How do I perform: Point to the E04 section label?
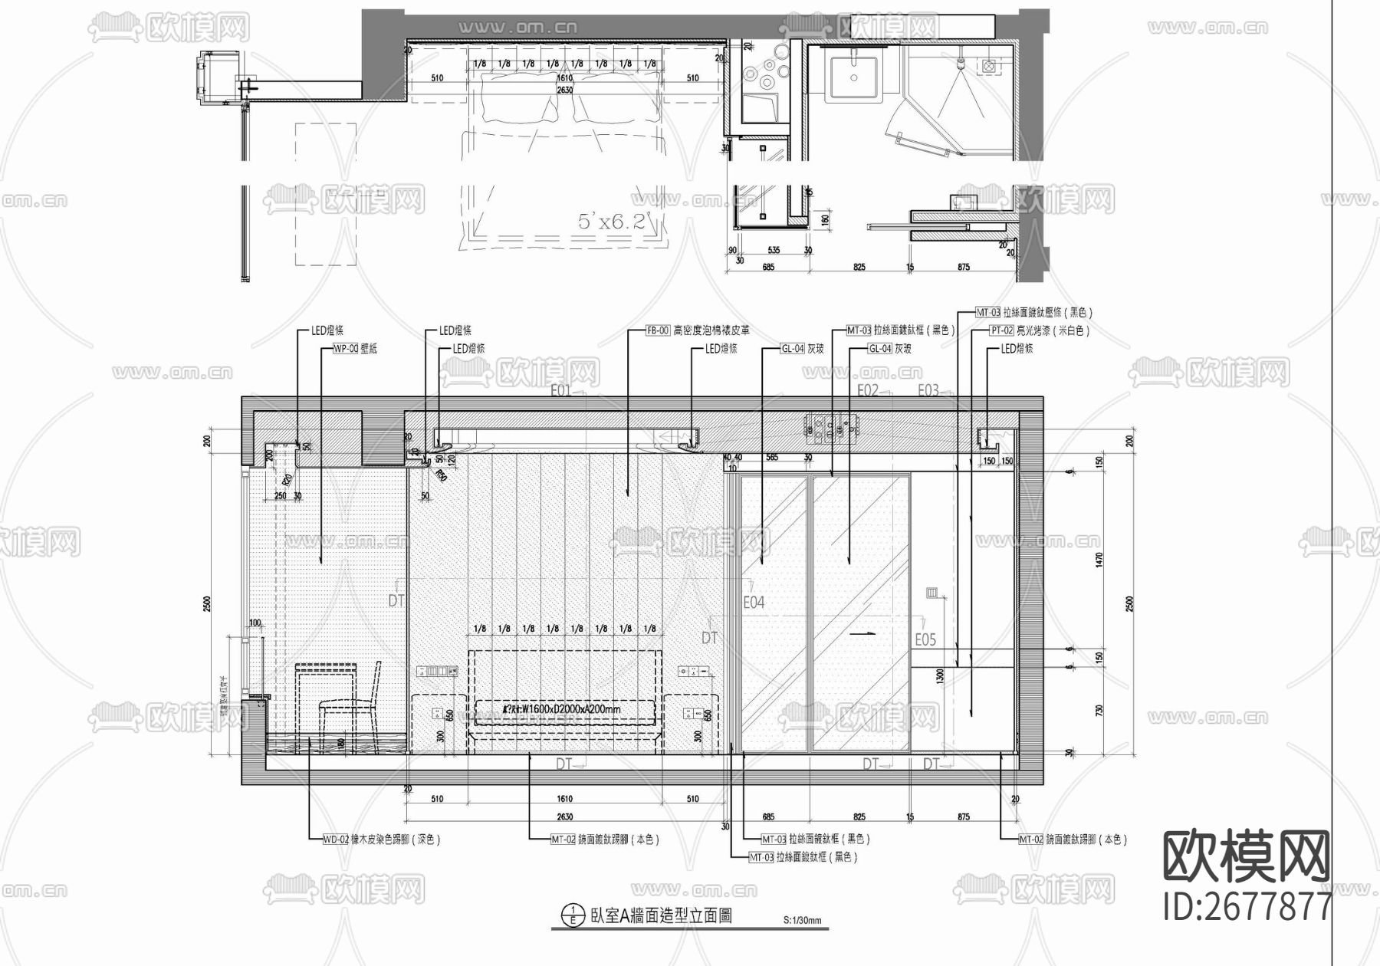coord(754,603)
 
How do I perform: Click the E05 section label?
coord(925,639)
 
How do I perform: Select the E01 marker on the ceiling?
coord(560,390)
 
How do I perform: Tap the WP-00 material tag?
coord(346,349)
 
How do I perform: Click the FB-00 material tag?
coord(658,330)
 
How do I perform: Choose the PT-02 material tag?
coord(1001,330)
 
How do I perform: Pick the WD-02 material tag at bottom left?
coord(336,839)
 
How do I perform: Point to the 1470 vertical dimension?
coord(1099,560)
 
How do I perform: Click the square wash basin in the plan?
coord(855,76)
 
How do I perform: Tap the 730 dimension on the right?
coord(1099,711)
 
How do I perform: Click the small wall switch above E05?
coord(932,593)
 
